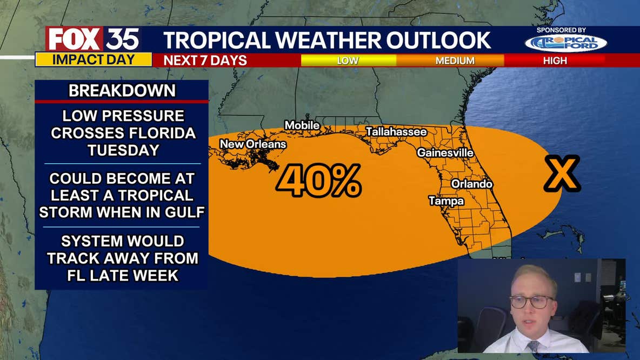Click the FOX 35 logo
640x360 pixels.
(93, 39)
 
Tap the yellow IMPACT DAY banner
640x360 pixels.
(93, 59)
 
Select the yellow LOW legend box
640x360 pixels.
(348, 61)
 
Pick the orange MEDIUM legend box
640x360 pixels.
(455, 61)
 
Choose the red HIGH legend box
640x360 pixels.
(555, 61)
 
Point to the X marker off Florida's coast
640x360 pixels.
(562, 174)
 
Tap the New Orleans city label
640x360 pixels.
(252, 144)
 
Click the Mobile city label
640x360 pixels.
(302, 125)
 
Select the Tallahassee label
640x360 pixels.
(396, 131)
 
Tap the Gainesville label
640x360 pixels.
(445, 153)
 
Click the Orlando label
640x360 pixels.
(471, 184)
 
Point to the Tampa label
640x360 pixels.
(446, 201)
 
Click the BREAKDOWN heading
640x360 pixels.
(122, 91)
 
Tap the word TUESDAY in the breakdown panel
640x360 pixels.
(123, 150)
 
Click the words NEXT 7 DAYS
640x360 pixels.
(205, 61)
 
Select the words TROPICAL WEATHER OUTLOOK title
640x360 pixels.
(327, 41)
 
